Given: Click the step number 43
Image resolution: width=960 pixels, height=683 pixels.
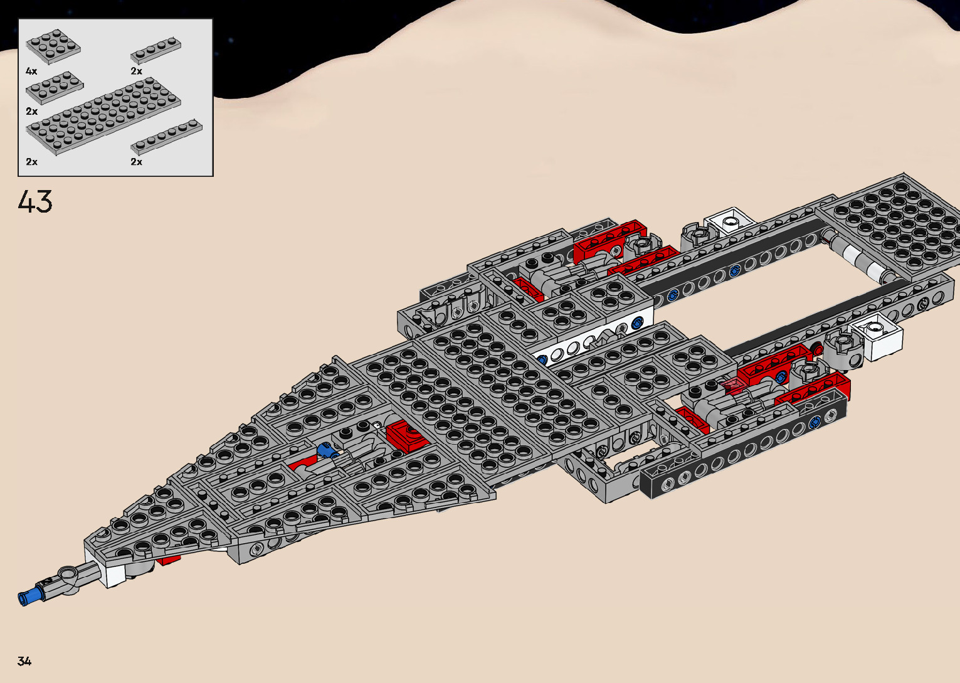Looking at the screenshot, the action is pyautogui.click(x=35, y=202).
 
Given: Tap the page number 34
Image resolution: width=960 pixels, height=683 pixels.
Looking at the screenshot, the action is pyautogui.click(x=24, y=661).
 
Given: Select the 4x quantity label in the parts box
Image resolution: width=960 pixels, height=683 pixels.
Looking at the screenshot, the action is pyautogui.click(x=31, y=71).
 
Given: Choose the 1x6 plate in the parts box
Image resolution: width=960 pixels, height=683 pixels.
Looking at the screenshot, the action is pyautogui.click(x=166, y=137).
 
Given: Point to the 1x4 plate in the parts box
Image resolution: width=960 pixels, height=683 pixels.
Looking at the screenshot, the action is pyautogui.click(x=156, y=50).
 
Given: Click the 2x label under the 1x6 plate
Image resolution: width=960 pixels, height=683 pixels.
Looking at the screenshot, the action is pyautogui.click(x=137, y=162).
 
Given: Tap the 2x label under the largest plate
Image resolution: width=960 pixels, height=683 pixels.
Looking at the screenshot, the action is pyautogui.click(x=31, y=162).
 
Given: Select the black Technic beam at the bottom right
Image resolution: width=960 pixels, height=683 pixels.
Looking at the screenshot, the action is pyautogui.click(x=740, y=461).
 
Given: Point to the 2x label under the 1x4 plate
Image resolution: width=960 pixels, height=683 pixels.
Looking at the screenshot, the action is pyautogui.click(x=137, y=71).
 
